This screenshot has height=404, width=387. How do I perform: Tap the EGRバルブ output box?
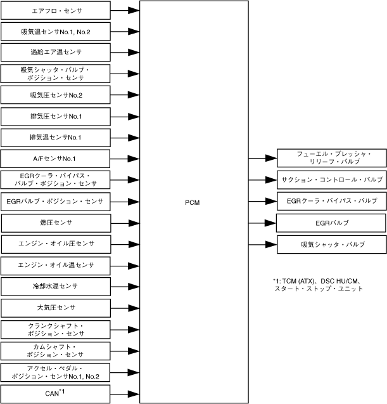point(331,223)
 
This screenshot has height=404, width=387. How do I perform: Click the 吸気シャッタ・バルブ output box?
point(331,244)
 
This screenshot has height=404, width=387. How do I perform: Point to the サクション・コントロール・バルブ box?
point(331,180)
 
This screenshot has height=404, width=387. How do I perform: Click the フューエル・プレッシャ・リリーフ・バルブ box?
point(331,159)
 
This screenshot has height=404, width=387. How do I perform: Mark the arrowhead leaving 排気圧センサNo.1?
point(133,116)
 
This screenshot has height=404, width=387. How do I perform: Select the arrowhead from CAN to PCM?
point(133,393)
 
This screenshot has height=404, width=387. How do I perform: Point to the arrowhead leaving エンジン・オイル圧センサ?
point(133,244)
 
